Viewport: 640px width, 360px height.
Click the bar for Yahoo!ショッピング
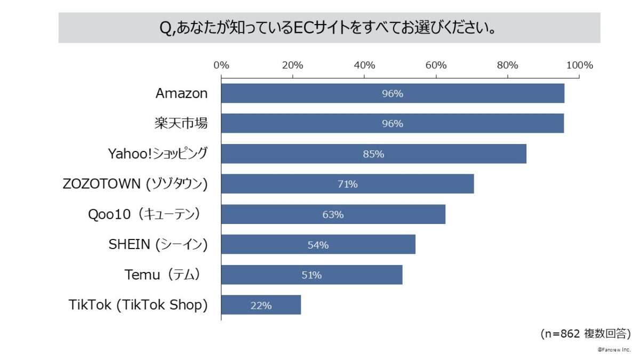373,154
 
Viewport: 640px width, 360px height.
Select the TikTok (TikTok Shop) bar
261,306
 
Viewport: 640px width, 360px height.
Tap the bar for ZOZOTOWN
347,185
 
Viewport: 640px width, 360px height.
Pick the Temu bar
311,275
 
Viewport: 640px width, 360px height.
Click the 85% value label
373,154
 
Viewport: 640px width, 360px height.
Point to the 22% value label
261,306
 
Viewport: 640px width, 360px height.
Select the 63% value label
333,215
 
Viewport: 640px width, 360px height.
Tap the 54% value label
318,245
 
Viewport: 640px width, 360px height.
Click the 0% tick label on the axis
221,66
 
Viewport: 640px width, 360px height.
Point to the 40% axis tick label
364,66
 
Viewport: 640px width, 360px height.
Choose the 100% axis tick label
579,66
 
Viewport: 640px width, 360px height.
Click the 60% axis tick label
436,66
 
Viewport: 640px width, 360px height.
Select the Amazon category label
181,93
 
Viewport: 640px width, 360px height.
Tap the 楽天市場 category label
178,124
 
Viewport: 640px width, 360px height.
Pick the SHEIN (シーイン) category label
158,245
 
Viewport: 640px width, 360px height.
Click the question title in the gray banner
329,28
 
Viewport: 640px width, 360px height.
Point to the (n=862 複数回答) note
585,334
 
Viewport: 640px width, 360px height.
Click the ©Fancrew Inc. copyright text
614,349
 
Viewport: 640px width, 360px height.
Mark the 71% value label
347,185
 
